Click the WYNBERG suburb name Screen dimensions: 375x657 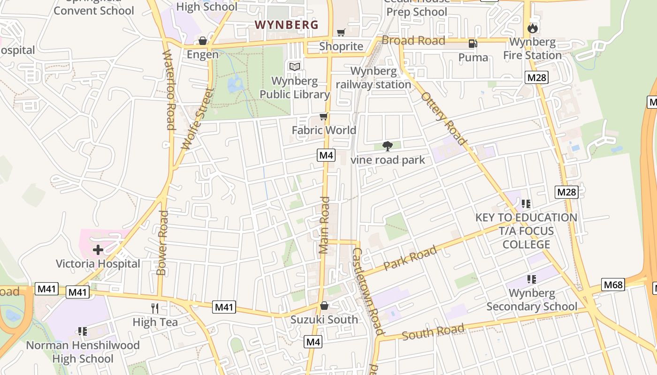(x=286, y=25)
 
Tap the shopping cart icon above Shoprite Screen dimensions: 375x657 (x=341, y=32)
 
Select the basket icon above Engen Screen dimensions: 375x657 (x=203, y=41)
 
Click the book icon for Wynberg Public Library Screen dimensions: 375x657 (x=295, y=67)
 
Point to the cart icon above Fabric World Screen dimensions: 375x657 (x=323, y=116)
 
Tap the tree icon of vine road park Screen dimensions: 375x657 (x=388, y=146)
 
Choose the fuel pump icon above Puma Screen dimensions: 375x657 (x=473, y=44)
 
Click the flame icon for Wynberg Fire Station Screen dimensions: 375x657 (x=532, y=28)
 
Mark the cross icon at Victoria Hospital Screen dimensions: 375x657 (x=98, y=250)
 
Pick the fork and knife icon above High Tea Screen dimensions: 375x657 (x=155, y=308)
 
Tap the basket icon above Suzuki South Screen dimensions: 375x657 (x=324, y=306)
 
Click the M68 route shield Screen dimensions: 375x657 (x=613, y=285)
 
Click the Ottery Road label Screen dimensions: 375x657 (x=444, y=118)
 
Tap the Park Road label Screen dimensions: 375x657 (x=410, y=258)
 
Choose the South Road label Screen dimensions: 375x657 (x=433, y=332)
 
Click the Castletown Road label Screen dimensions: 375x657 (x=368, y=291)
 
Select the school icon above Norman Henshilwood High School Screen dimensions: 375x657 (x=83, y=331)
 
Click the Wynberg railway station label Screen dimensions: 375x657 (x=374, y=78)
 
